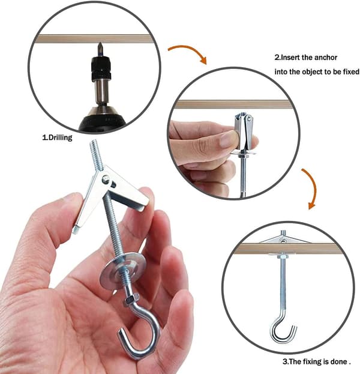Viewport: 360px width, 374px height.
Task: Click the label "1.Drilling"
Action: (x=57, y=137)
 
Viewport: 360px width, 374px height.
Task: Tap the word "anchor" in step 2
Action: (x=326, y=58)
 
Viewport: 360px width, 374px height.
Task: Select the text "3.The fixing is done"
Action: (x=315, y=361)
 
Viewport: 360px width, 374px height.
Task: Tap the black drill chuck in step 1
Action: (x=101, y=68)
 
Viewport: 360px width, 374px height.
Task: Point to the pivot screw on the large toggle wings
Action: (x=106, y=179)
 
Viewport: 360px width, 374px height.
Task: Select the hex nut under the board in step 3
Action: (x=283, y=257)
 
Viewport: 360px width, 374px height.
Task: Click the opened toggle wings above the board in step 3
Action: (x=284, y=239)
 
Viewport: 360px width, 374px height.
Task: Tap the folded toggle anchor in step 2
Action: (x=243, y=133)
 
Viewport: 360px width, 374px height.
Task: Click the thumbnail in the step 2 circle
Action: (x=226, y=139)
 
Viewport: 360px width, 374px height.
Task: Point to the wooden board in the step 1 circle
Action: (x=94, y=39)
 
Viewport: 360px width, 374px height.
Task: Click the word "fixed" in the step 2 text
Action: (x=351, y=72)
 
